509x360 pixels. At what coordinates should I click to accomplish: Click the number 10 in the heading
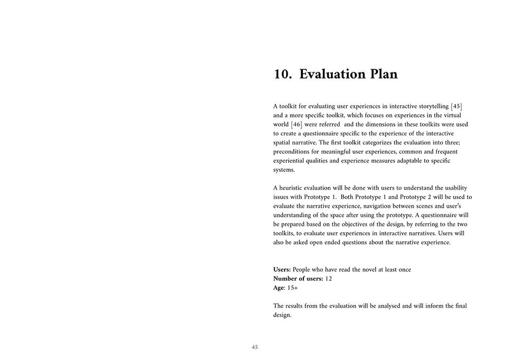click(281, 74)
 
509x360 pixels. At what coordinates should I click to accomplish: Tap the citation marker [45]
click(456, 106)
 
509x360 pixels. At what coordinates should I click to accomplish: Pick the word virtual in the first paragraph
click(450, 116)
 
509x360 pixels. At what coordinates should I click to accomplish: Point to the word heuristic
click(292, 188)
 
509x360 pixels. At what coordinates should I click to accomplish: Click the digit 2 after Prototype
click(429, 197)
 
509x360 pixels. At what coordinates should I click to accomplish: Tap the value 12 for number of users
click(328, 279)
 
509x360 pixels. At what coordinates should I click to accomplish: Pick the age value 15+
click(293, 288)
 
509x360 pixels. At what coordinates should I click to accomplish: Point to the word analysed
click(384, 306)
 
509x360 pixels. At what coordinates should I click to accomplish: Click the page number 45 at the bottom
click(255, 347)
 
